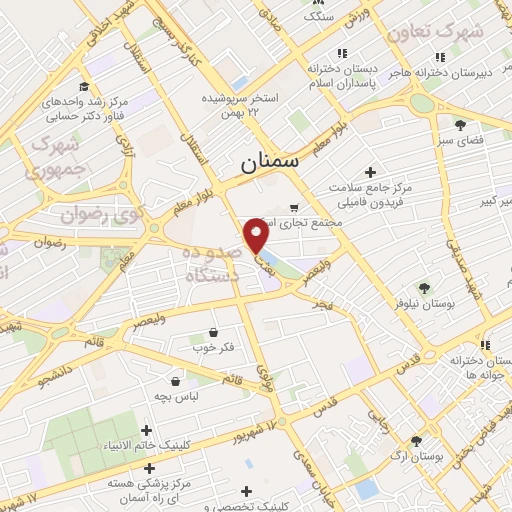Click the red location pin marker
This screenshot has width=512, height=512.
257,235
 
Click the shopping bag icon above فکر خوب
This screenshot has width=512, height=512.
213,332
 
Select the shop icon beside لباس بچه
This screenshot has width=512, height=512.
176,381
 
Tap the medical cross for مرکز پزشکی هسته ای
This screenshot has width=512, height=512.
149,467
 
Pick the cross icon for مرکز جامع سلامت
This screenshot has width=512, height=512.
371,172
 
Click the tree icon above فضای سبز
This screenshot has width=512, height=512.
460,124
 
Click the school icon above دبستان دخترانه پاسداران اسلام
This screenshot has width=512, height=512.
341,54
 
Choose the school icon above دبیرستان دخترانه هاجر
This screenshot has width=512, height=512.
438,57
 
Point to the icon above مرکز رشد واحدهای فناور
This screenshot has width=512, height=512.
85,87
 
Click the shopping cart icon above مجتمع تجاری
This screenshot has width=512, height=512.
293,209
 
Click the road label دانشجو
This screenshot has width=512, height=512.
57,375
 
